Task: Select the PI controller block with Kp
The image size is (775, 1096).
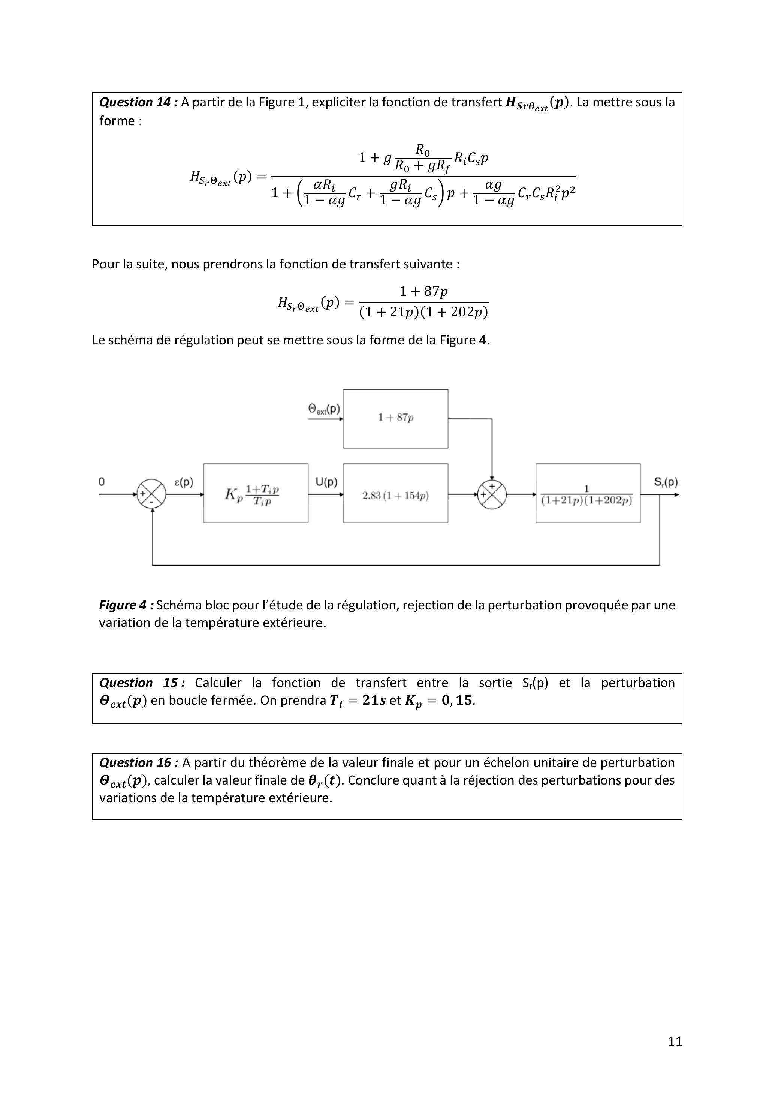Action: [256, 493]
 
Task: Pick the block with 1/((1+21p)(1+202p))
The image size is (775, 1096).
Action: [588, 493]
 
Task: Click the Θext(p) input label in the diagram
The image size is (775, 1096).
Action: [324, 409]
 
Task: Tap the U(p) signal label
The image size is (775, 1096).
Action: [326, 482]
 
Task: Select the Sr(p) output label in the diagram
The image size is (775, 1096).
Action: [666, 482]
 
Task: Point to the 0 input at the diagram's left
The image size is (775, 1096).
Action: [102, 482]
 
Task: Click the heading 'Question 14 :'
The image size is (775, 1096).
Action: [138, 102]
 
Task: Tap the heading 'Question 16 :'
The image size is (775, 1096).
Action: [138, 763]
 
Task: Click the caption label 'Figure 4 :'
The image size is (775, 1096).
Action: [126, 605]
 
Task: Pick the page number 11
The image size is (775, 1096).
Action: [675, 1041]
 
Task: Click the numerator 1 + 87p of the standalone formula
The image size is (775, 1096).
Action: [423, 291]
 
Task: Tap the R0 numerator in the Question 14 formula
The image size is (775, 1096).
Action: [422, 150]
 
